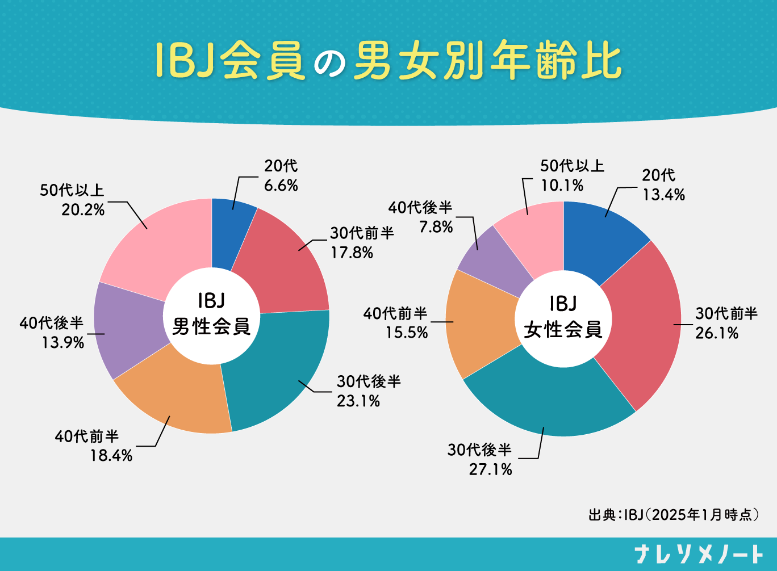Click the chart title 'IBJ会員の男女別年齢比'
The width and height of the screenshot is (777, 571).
[x=388, y=60]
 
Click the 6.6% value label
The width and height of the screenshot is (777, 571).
[x=281, y=186]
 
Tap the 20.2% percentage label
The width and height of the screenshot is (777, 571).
[x=83, y=210]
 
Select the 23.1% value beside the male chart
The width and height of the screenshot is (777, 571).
[x=358, y=401]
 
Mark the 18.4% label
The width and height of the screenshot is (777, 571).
[x=111, y=455]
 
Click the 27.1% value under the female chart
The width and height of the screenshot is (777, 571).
[x=491, y=469]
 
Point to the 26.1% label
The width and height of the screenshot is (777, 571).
[x=717, y=333]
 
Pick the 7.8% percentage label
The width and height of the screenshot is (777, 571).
[x=436, y=227]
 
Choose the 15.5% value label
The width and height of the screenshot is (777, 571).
[x=407, y=333]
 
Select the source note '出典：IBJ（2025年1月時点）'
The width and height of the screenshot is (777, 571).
[x=674, y=515]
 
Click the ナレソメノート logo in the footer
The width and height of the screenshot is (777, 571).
[x=699, y=554]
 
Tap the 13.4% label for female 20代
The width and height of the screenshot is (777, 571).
[x=663, y=195]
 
